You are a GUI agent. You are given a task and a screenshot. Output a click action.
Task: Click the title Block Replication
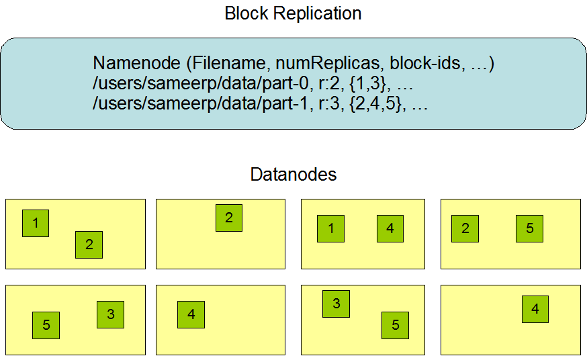293,13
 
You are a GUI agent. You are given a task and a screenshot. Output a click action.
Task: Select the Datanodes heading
293,175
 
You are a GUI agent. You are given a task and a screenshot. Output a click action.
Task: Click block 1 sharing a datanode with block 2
36,223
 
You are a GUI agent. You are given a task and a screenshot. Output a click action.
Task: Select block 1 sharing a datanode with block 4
330,228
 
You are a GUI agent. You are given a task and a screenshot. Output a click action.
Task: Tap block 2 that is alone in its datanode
229,218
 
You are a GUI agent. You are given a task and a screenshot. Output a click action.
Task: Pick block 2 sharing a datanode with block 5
465,228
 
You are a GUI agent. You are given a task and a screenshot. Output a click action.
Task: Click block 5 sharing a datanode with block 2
529,228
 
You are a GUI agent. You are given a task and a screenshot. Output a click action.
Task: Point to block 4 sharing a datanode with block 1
390,228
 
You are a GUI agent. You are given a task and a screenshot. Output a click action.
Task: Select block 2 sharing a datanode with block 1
89,244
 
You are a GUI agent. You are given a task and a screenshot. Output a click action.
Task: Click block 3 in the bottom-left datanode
110,314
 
